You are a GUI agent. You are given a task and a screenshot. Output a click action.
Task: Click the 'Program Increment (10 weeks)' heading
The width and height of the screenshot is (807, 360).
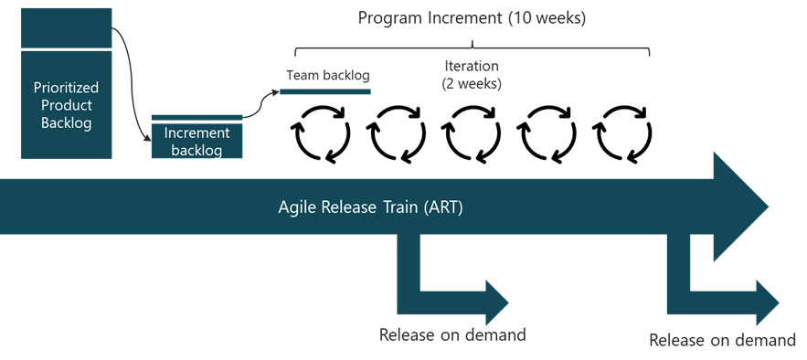472,17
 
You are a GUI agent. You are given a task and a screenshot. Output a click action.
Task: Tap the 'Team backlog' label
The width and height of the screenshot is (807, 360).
327,75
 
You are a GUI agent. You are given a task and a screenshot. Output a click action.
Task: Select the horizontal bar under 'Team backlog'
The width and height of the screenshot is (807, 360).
325,91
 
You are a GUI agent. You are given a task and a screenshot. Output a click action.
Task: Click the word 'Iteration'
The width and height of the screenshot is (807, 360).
472,67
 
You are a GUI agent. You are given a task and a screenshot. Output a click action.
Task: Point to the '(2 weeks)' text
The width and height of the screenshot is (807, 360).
472,83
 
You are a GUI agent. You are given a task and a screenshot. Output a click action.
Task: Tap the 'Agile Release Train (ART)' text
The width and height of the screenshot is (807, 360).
370,206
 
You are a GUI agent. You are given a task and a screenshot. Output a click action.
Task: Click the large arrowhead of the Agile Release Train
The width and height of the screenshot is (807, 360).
740,206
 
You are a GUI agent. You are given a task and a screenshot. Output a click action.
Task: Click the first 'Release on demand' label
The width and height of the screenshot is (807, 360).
452,334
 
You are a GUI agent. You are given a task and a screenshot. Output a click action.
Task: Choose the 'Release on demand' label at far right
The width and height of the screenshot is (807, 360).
722,341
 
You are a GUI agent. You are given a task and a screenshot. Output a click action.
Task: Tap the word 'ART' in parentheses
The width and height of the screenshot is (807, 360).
445,206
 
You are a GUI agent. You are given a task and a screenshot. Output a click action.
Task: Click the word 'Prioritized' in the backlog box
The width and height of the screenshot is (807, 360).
66,89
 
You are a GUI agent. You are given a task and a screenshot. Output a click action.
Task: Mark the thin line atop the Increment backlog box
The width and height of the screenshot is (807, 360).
196,116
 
